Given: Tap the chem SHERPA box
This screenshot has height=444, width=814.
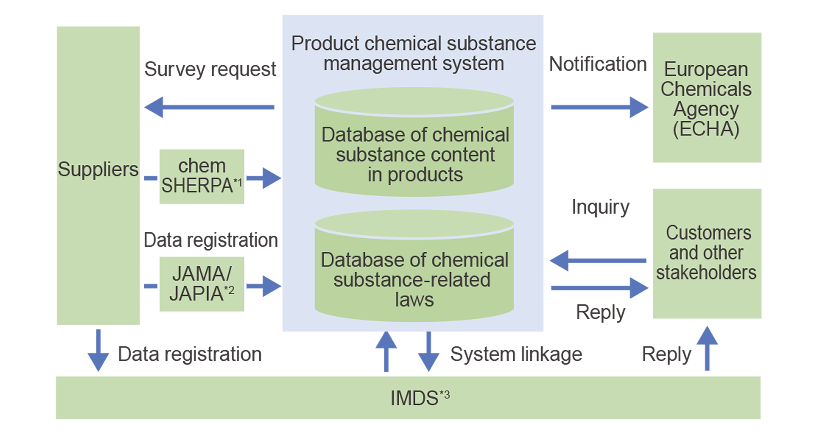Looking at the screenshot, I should coord(202,176).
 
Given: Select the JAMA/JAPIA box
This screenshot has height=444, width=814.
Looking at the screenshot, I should coord(202,284).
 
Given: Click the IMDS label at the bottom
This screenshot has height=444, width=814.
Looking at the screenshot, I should coord(414,398).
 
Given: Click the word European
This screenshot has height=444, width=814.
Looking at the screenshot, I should coord(706,69).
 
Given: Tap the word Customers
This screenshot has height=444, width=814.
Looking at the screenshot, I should coord(708,233).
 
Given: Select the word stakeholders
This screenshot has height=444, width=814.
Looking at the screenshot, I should coord(706,272).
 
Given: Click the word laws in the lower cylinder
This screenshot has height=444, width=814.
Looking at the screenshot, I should coord(414,300).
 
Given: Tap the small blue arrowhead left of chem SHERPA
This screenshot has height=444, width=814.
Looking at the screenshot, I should coord(149,178).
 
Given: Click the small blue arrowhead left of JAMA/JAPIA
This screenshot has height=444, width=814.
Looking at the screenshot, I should coord(149,286).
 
